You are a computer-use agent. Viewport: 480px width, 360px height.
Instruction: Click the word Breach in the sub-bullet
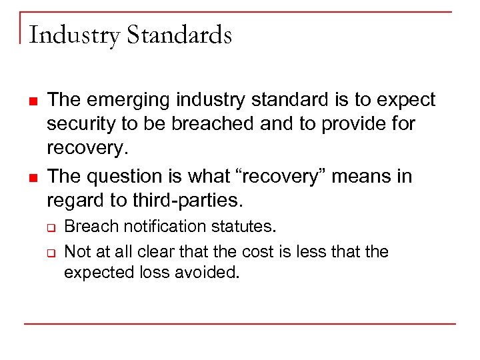[86, 227]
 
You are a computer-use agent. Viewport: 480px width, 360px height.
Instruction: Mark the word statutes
[243, 227]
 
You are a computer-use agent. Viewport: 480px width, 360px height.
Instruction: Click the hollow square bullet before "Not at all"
[51, 253]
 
